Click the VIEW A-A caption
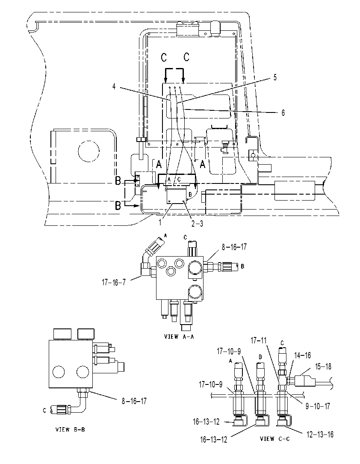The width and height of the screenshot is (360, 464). pyautogui.click(x=179, y=337)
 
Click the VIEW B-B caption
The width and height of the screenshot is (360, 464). pyautogui.click(x=70, y=429)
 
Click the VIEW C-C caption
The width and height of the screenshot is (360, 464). pyautogui.click(x=275, y=438)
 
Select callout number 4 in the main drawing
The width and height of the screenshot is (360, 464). pyautogui.click(x=114, y=87)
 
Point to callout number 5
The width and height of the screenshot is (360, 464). pyautogui.click(x=275, y=77)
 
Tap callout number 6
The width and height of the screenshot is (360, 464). pyautogui.click(x=283, y=113)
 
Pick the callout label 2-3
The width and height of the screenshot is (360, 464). pyautogui.click(x=197, y=224)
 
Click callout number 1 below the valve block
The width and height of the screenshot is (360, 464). pyautogui.click(x=160, y=222)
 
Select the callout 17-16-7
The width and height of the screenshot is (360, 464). pyautogui.click(x=114, y=282)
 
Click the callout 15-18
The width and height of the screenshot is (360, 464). pyautogui.click(x=323, y=366)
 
